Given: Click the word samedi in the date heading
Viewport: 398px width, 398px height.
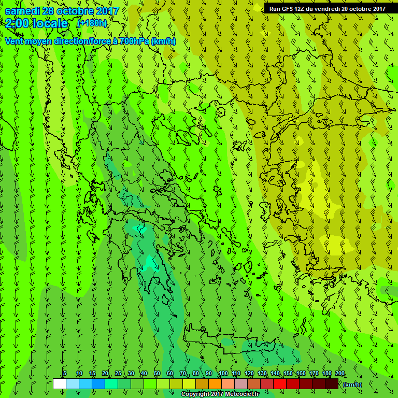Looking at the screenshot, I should tap(23, 11).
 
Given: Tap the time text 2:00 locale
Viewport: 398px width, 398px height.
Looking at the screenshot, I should tap(36, 23).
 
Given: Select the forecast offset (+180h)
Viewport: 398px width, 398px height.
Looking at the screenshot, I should tap(92, 23).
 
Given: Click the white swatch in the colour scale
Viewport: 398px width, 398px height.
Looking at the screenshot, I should tap(59, 383).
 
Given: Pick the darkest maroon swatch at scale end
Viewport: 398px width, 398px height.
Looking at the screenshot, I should tap(332, 383).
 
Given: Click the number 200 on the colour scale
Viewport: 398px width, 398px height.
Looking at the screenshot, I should tap(340, 374).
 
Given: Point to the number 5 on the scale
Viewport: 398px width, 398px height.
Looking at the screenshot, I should tap(65, 374).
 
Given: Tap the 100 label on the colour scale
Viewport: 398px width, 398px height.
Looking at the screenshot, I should tap(223, 374).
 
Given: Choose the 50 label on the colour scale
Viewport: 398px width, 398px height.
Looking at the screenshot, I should tap(157, 374).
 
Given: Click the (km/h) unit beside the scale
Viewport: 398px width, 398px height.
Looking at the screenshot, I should tap(352, 384).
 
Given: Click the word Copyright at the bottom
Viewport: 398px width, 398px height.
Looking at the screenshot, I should tap(196, 394).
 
